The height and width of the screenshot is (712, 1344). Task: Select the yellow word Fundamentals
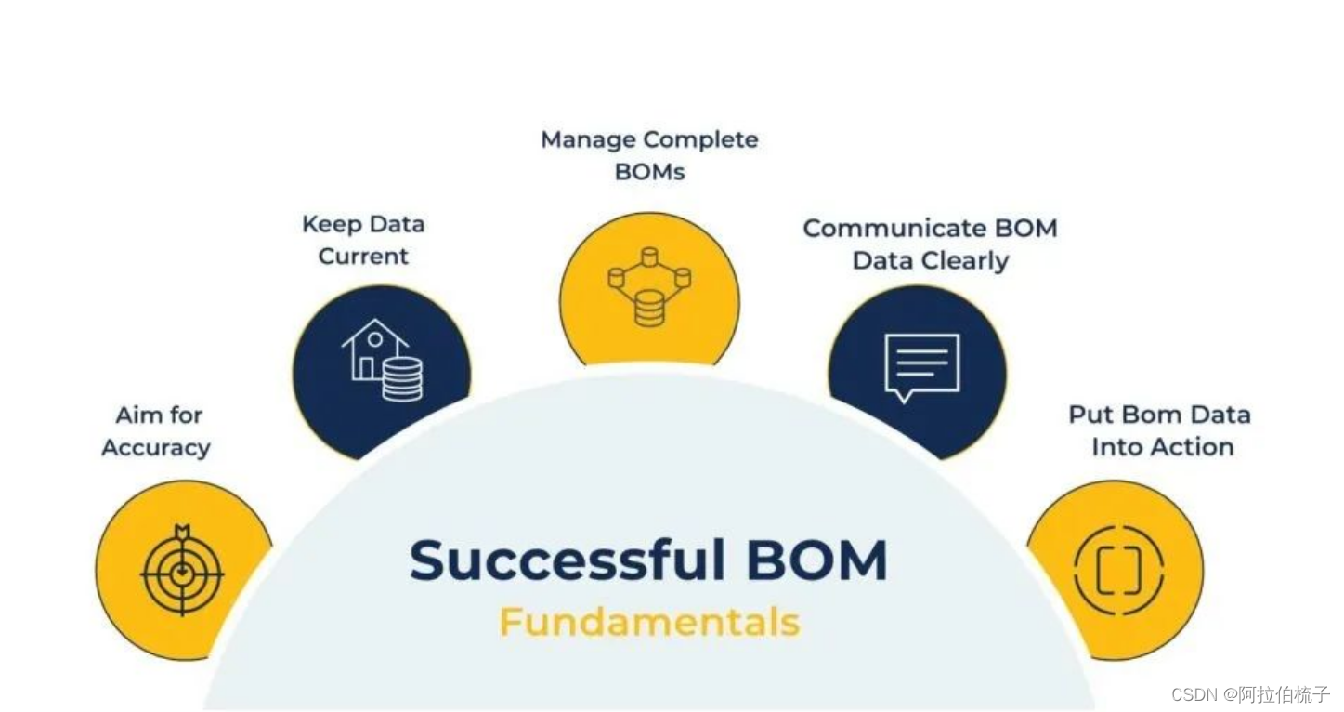pos(649,622)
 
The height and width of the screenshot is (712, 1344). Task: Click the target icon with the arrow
pos(182,569)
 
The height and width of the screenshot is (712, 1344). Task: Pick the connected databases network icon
pos(649,286)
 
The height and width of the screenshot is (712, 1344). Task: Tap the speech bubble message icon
pos(920,365)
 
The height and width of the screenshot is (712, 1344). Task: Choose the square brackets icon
pos(1117,570)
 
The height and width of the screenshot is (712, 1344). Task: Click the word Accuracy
pos(156,448)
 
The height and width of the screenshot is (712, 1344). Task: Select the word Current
pos(363,257)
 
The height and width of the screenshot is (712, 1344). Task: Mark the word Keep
pos(330,225)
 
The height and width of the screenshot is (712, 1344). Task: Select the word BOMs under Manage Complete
pos(649,172)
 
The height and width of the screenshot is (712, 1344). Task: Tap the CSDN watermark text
pos(1194,694)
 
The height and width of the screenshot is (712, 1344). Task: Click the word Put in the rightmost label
pos(1090,415)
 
